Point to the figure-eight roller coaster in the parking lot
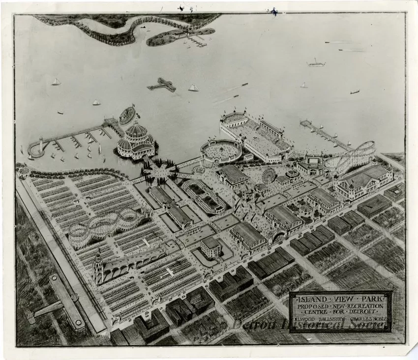coord(106,226)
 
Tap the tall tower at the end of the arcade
coord(98,266)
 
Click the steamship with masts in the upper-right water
coord(315,63)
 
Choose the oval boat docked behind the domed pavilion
coord(127,116)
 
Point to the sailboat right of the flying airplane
coord(193,88)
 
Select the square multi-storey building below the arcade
coord(210,246)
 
